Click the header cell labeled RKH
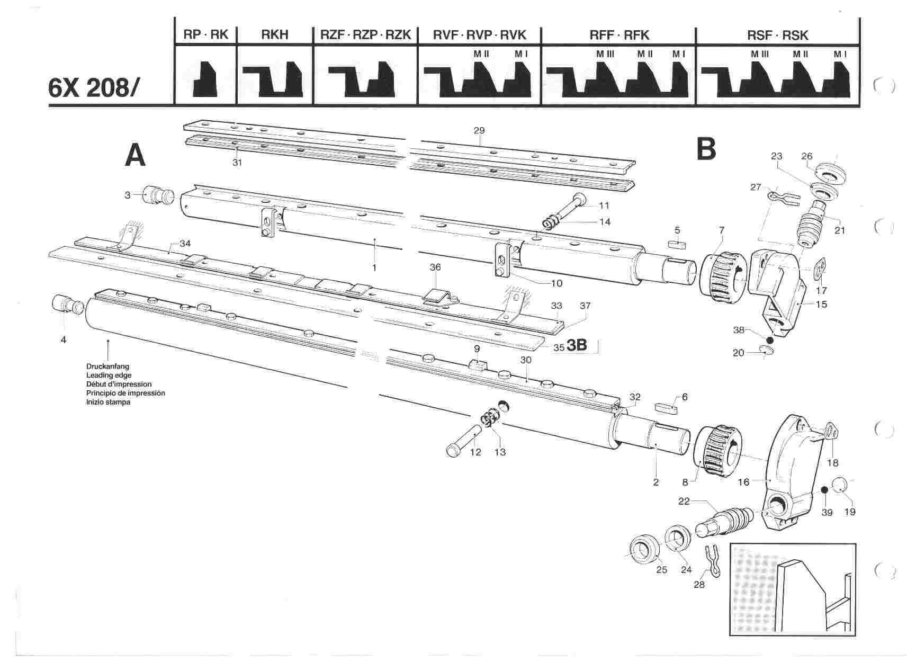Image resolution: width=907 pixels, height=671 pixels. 275,35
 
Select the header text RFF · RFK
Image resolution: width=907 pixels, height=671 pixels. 619,35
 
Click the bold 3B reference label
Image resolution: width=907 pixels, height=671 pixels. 577,345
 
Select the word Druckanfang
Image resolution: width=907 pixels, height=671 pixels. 107,366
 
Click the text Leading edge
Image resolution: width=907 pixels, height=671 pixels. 109,375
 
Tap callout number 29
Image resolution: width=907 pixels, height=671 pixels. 480,130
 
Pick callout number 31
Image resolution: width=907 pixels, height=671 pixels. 237,163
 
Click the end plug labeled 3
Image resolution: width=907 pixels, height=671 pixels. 156,195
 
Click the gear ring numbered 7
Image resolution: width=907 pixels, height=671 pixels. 723,272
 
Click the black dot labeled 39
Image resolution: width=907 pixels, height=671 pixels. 824,490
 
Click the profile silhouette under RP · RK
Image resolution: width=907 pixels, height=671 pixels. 205,79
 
